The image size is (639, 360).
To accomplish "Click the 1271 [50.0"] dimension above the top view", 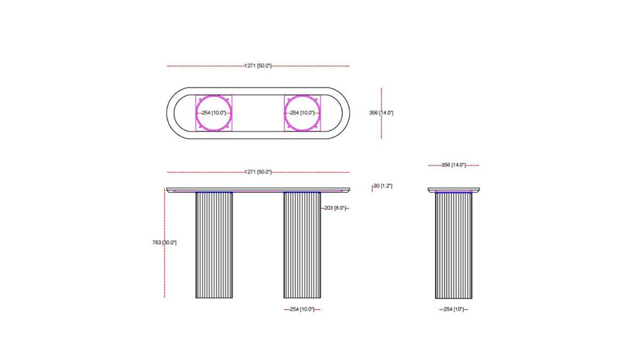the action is pyautogui.click(x=258, y=66).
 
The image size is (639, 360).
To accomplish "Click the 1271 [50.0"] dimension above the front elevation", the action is pyautogui.click(x=258, y=172).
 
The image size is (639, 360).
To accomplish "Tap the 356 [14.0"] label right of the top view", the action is pyautogui.click(x=381, y=113).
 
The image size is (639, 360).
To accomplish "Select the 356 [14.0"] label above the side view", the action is pyautogui.click(x=453, y=165).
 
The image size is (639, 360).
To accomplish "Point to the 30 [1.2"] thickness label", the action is pyautogui.click(x=382, y=186).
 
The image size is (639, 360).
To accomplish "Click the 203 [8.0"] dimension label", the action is pyautogui.click(x=335, y=208).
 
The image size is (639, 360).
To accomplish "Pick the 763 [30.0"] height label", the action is pyautogui.click(x=164, y=242).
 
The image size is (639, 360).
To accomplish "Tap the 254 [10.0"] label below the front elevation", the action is pyautogui.click(x=302, y=309).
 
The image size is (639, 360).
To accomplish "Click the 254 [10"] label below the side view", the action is pyautogui.click(x=454, y=309).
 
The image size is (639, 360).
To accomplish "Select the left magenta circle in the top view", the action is pyautogui.click(x=196, y=113).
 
